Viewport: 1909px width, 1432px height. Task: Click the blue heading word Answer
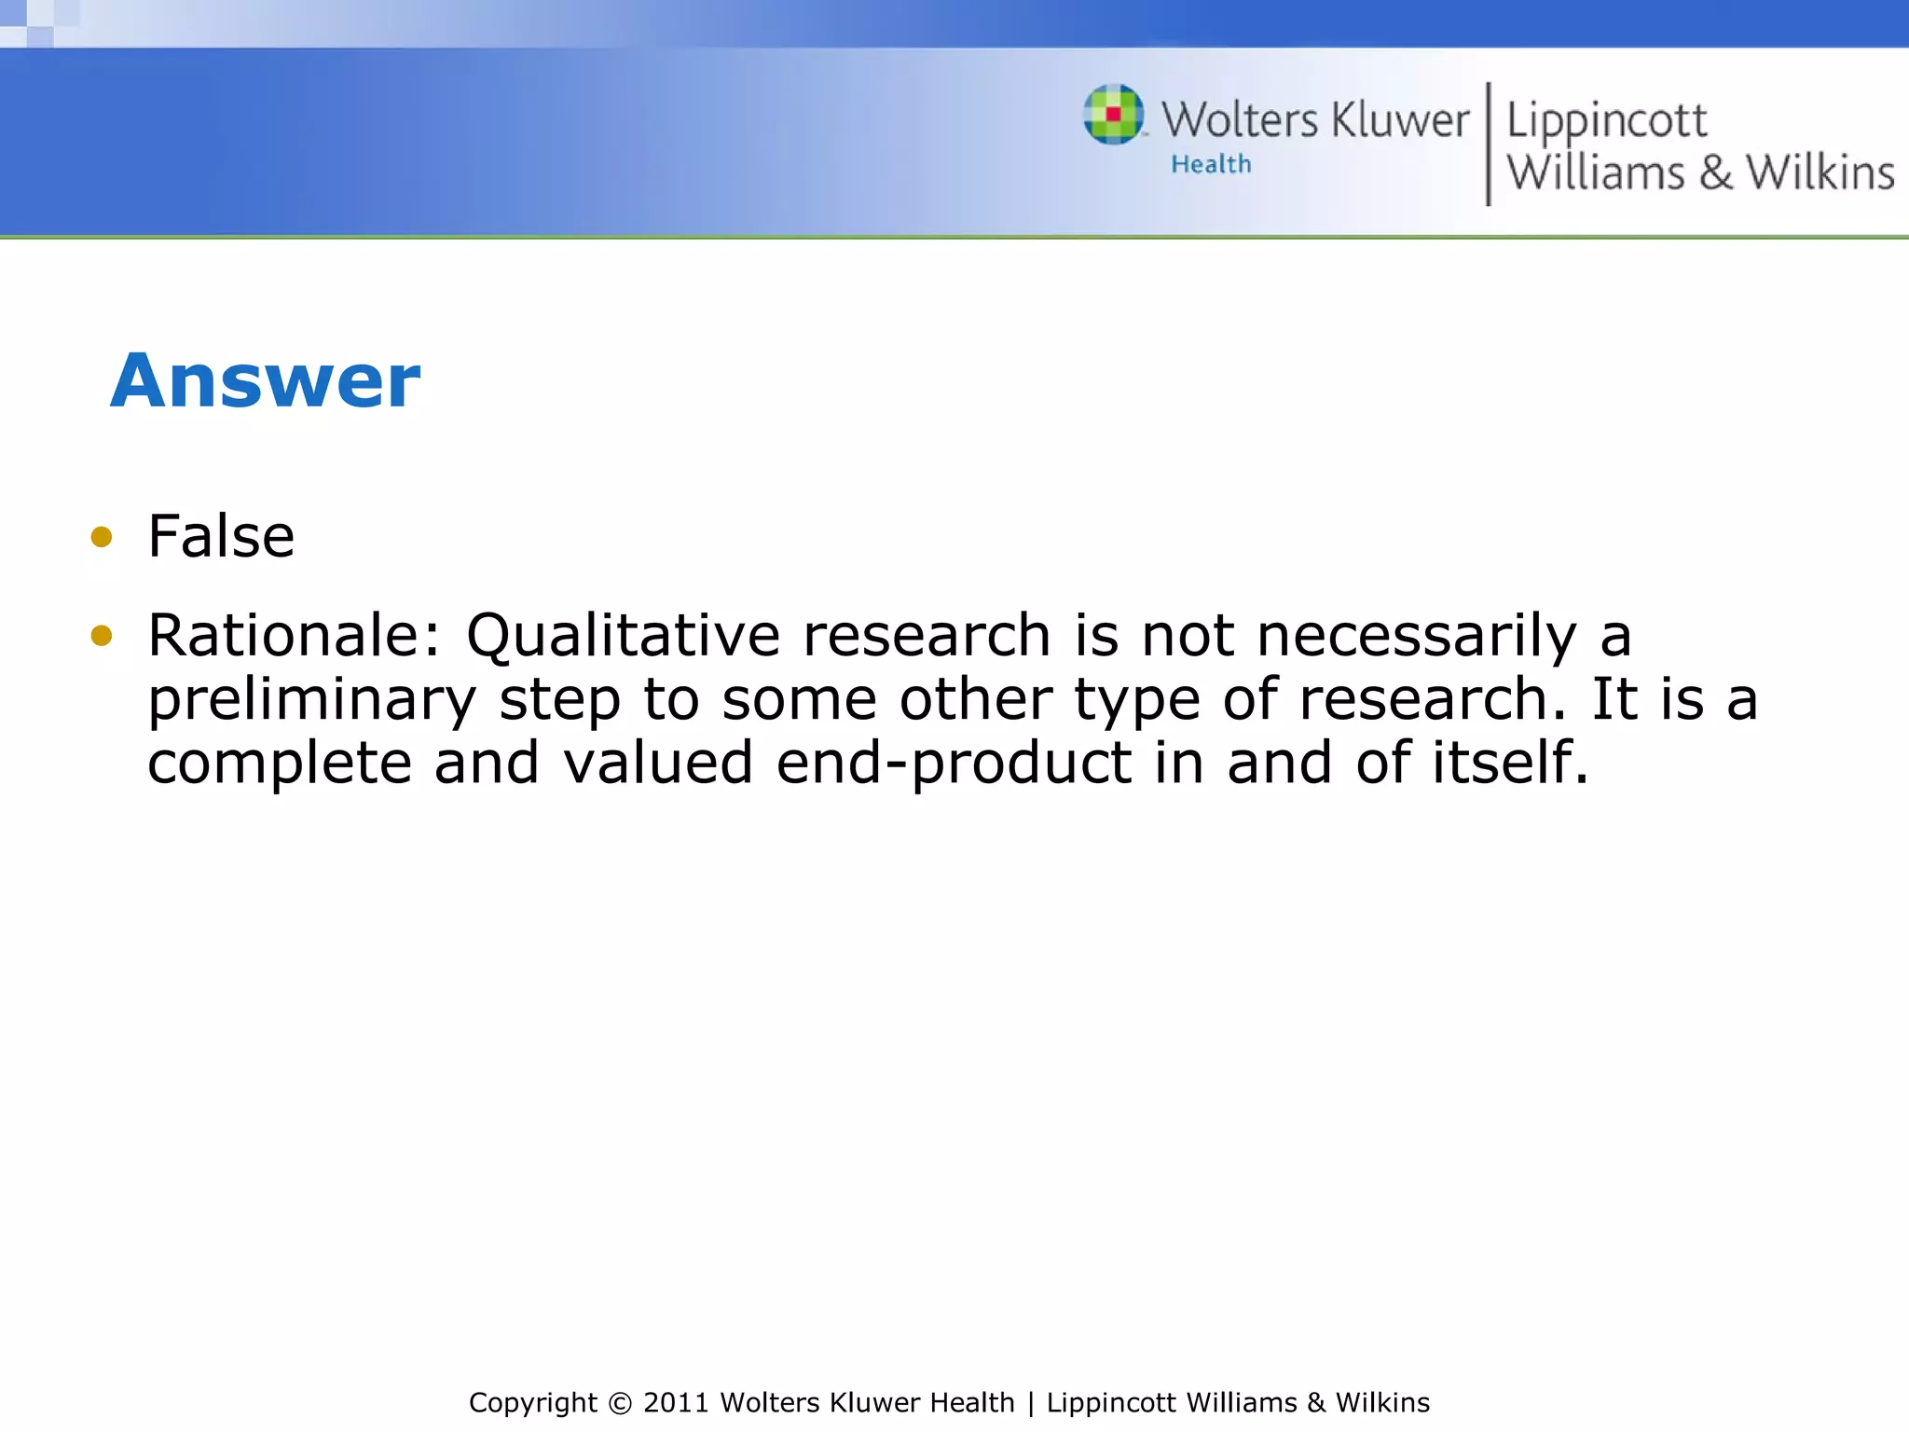point(266,381)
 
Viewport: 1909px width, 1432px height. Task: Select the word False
point(221,537)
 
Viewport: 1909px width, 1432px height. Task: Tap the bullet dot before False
point(102,537)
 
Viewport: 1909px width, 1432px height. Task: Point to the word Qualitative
point(623,637)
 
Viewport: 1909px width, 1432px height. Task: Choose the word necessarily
point(1416,637)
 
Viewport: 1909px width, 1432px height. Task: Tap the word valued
point(658,763)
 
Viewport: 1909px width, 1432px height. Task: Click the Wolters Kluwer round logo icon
point(1113,115)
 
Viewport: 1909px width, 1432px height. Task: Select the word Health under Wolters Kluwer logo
point(1211,165)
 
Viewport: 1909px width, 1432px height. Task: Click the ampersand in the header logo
point(1715,173)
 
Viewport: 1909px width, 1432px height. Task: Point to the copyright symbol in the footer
point(619,1403)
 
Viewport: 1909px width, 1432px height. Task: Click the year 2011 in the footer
point(677,1403)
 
